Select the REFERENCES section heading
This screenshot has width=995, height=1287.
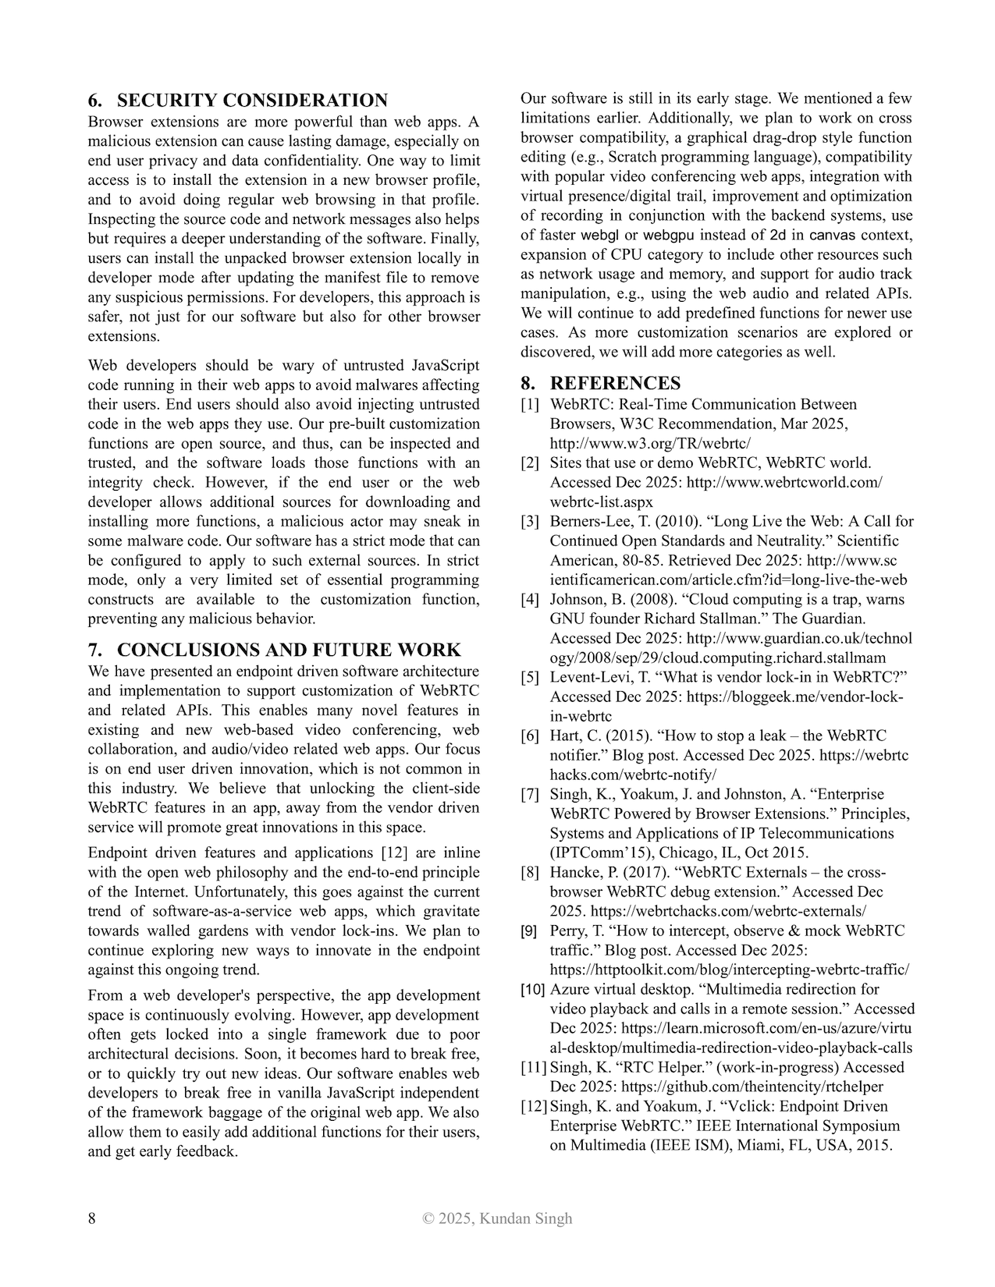(x=615, y=383)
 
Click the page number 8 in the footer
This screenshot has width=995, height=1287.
(x=92, y=1218)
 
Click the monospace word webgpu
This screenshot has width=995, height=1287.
(x=669, y=235)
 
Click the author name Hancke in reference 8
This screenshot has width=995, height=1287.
(x=574, y=872)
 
